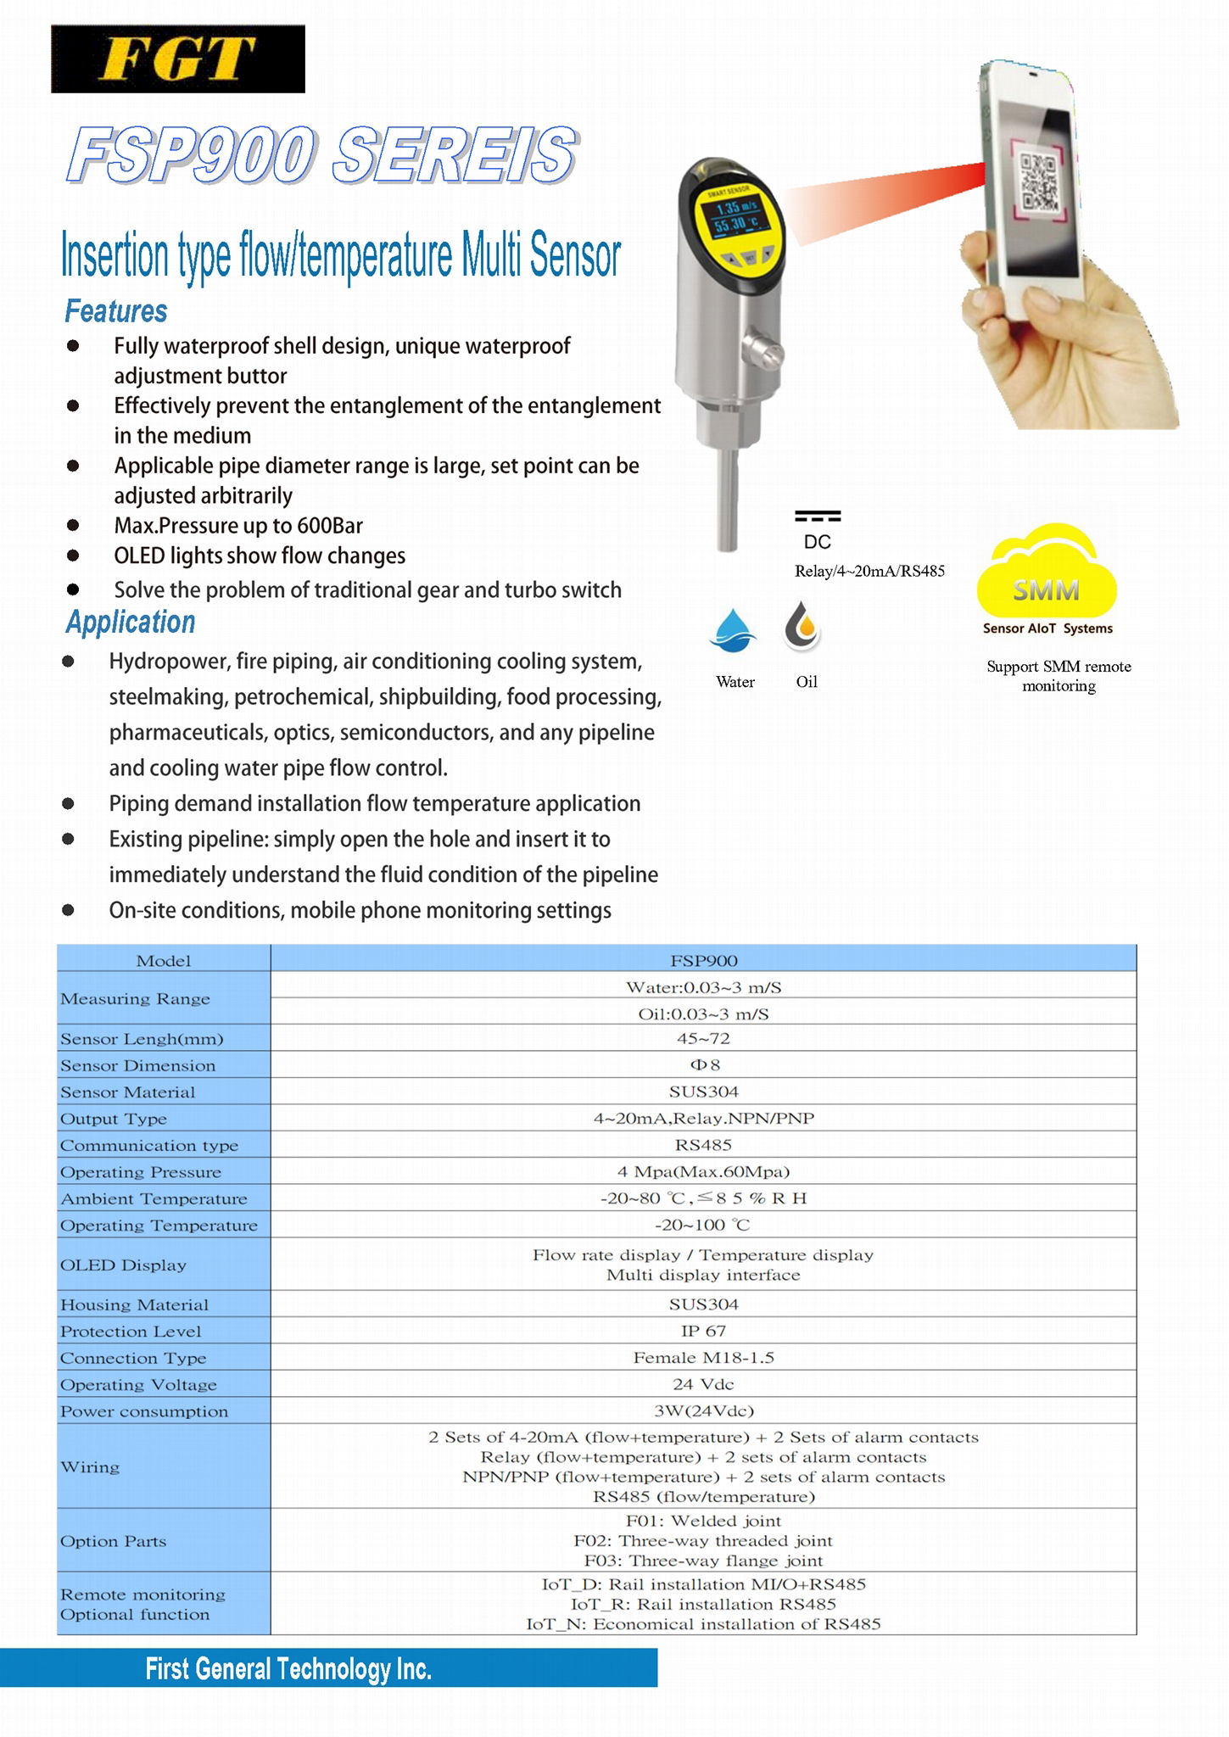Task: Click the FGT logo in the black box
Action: tap(177, 59)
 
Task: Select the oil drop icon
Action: tap(802, 628)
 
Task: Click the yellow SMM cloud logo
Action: tap(1047, 573)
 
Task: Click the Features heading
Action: tap(116, 311)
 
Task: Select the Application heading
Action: tap(131, 623)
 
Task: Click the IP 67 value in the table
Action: tap(703, 1331)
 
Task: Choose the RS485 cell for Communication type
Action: tap(703, 1145)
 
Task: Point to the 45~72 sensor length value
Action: tap(703, 1038)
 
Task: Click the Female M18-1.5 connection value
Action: tap(703, 1358)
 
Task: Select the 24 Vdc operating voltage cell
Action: tap(703, 1384)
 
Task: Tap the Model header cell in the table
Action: tap(164, 960)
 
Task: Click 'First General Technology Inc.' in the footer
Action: tap(288, 1669)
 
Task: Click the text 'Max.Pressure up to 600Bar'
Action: tap(238, 526)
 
